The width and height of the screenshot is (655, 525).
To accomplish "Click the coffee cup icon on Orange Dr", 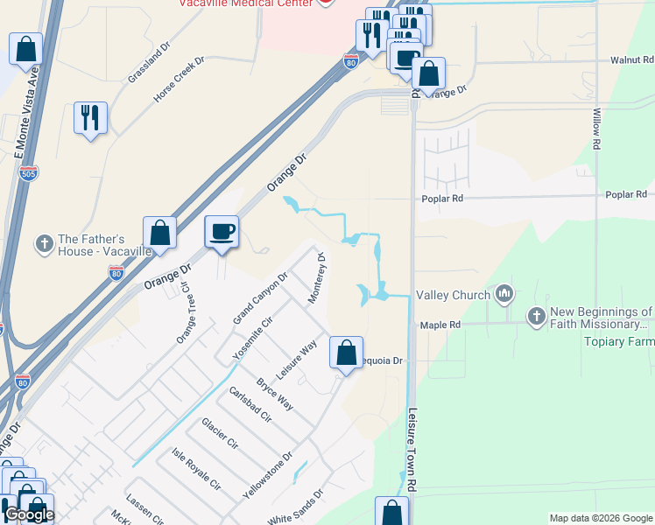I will pyautogui.click(x=222, y=232).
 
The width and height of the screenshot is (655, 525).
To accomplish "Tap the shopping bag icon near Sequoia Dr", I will pyautogui.click(x=346, y=353).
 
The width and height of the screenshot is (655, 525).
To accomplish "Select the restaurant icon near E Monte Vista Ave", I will pyautogui.click(x=90, y=117).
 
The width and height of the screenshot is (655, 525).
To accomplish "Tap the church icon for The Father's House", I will pyautogui.click(x=45, y=244).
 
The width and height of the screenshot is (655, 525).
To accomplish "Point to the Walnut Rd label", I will pyautogui.click(x=632, y=60).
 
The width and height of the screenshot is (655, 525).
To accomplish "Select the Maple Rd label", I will pyautogui.click(x=440, y=325).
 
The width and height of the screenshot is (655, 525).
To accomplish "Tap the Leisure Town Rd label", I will pyautogui.click(x=412, y=437).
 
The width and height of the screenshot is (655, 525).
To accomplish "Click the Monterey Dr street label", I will pyautogui.click(x=316, y=278).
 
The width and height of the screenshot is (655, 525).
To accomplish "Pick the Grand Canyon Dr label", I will pyautogui.click(x=260, y=298).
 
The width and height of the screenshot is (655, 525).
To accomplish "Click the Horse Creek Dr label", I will pyautogui.click(x=179, y=80).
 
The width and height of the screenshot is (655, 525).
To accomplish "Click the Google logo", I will pyautogui.click(x=28, y=514).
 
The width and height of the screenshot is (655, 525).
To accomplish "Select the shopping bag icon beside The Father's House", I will pyautogui.click(x=159, y=234).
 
